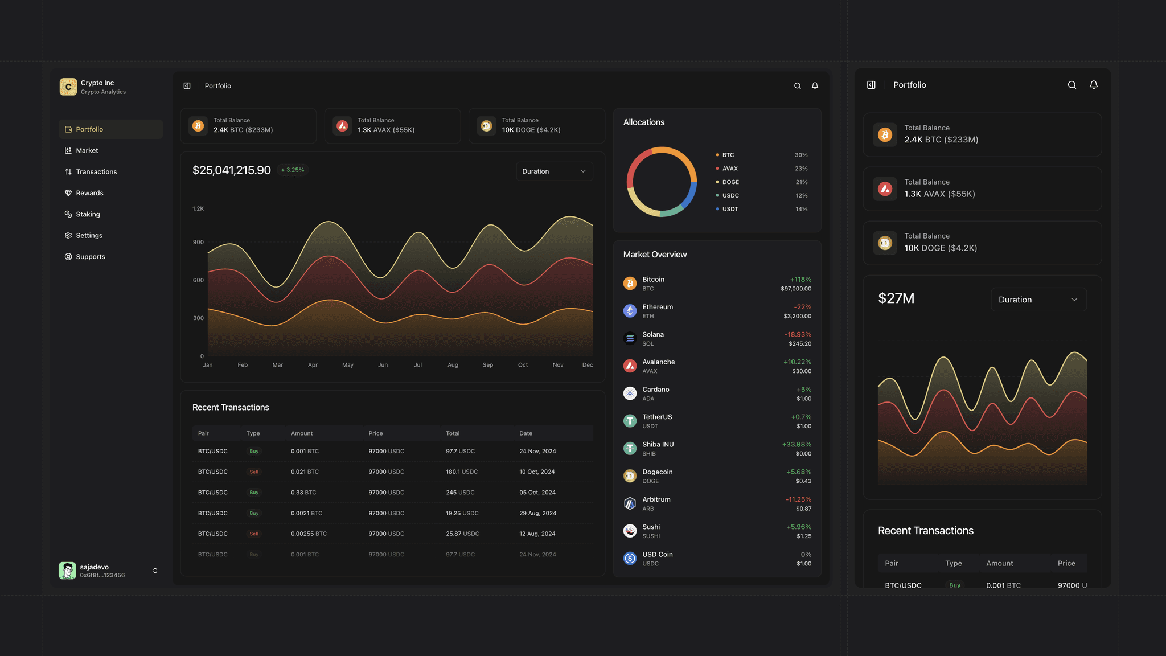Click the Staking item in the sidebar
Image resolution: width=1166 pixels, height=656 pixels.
pyautogui.click(x=88, y=214)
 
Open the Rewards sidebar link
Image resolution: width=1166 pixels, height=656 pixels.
pyautogui.click(x=89, y=193)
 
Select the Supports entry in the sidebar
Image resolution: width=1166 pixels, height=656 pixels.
pyautogui.click(x=91, y=257)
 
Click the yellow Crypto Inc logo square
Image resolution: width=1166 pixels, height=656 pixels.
pyautogui.click(x=68, y=87)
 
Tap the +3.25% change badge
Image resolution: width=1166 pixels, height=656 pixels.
pyautogui.click(x=293, y=170)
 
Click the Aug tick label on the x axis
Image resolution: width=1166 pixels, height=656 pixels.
pyautogui.click(x=453, y=365)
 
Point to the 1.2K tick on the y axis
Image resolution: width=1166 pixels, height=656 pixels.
pyautogui.click(x=198, y=209)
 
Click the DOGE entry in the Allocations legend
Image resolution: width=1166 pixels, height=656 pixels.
pyautogui.click(x=730, y=182)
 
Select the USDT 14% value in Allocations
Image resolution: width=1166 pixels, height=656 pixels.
pyautogui.click(x=801, y=209)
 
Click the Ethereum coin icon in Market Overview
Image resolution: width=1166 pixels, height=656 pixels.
pyautogui.click(x=630, y=311)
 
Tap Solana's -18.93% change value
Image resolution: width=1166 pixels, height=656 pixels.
pyautogui.click(x=798, y=334)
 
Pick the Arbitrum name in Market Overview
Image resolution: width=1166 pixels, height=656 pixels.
pyautogui.click(x=656, y=499)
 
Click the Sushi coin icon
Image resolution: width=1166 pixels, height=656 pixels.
pyautogui.click(x=630, y=531)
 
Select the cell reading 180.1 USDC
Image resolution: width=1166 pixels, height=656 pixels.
pyautogui.click(x=462, y=471)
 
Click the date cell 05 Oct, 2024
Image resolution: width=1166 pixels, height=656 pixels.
pyautogui.click(x=537, y=493)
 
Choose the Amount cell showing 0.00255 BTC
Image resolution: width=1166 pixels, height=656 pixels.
pyautogui.click(x=309, y=534)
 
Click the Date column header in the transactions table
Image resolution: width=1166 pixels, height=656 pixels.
pyautogui.click(x=525, y=433)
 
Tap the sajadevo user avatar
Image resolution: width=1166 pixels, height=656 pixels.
pyautogui.click(x=67, y=571)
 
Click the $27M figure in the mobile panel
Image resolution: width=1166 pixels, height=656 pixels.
pyautogui.click(x=896, y=298)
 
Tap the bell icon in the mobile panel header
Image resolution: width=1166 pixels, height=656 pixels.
pyautogui.click(x=1094, y=85)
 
